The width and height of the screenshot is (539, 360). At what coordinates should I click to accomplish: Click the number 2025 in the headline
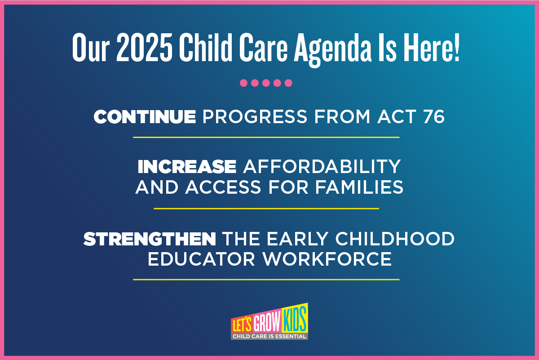coord(144,47)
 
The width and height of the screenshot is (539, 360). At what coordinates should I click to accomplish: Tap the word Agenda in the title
coord(332,50)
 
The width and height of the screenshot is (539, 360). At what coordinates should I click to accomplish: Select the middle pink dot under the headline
coord(266,83)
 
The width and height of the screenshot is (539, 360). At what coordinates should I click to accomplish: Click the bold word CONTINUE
coord(145,117)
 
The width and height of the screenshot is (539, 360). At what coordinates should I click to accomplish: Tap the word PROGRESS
coord(255,117)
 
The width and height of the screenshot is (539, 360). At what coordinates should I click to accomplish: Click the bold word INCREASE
coord(187,166)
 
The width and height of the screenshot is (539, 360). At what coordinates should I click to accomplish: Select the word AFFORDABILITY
coord(322,166)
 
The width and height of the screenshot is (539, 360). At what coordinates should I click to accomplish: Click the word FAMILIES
coord(359,187)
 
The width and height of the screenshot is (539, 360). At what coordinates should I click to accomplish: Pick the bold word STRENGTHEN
coord(150,239)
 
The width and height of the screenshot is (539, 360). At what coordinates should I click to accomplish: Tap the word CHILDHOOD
coord(395,239)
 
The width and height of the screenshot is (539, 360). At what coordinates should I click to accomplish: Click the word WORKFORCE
coord(327,259)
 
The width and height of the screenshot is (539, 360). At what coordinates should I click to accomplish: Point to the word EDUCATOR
coord(201,259)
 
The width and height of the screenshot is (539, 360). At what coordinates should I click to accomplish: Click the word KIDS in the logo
coord(295,318)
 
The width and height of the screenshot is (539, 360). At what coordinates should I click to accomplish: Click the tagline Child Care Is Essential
coord(269,336)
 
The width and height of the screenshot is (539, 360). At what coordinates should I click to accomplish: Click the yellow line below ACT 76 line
coord(266,137)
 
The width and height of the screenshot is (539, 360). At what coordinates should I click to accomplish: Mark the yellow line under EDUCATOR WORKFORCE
coord(266,280)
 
